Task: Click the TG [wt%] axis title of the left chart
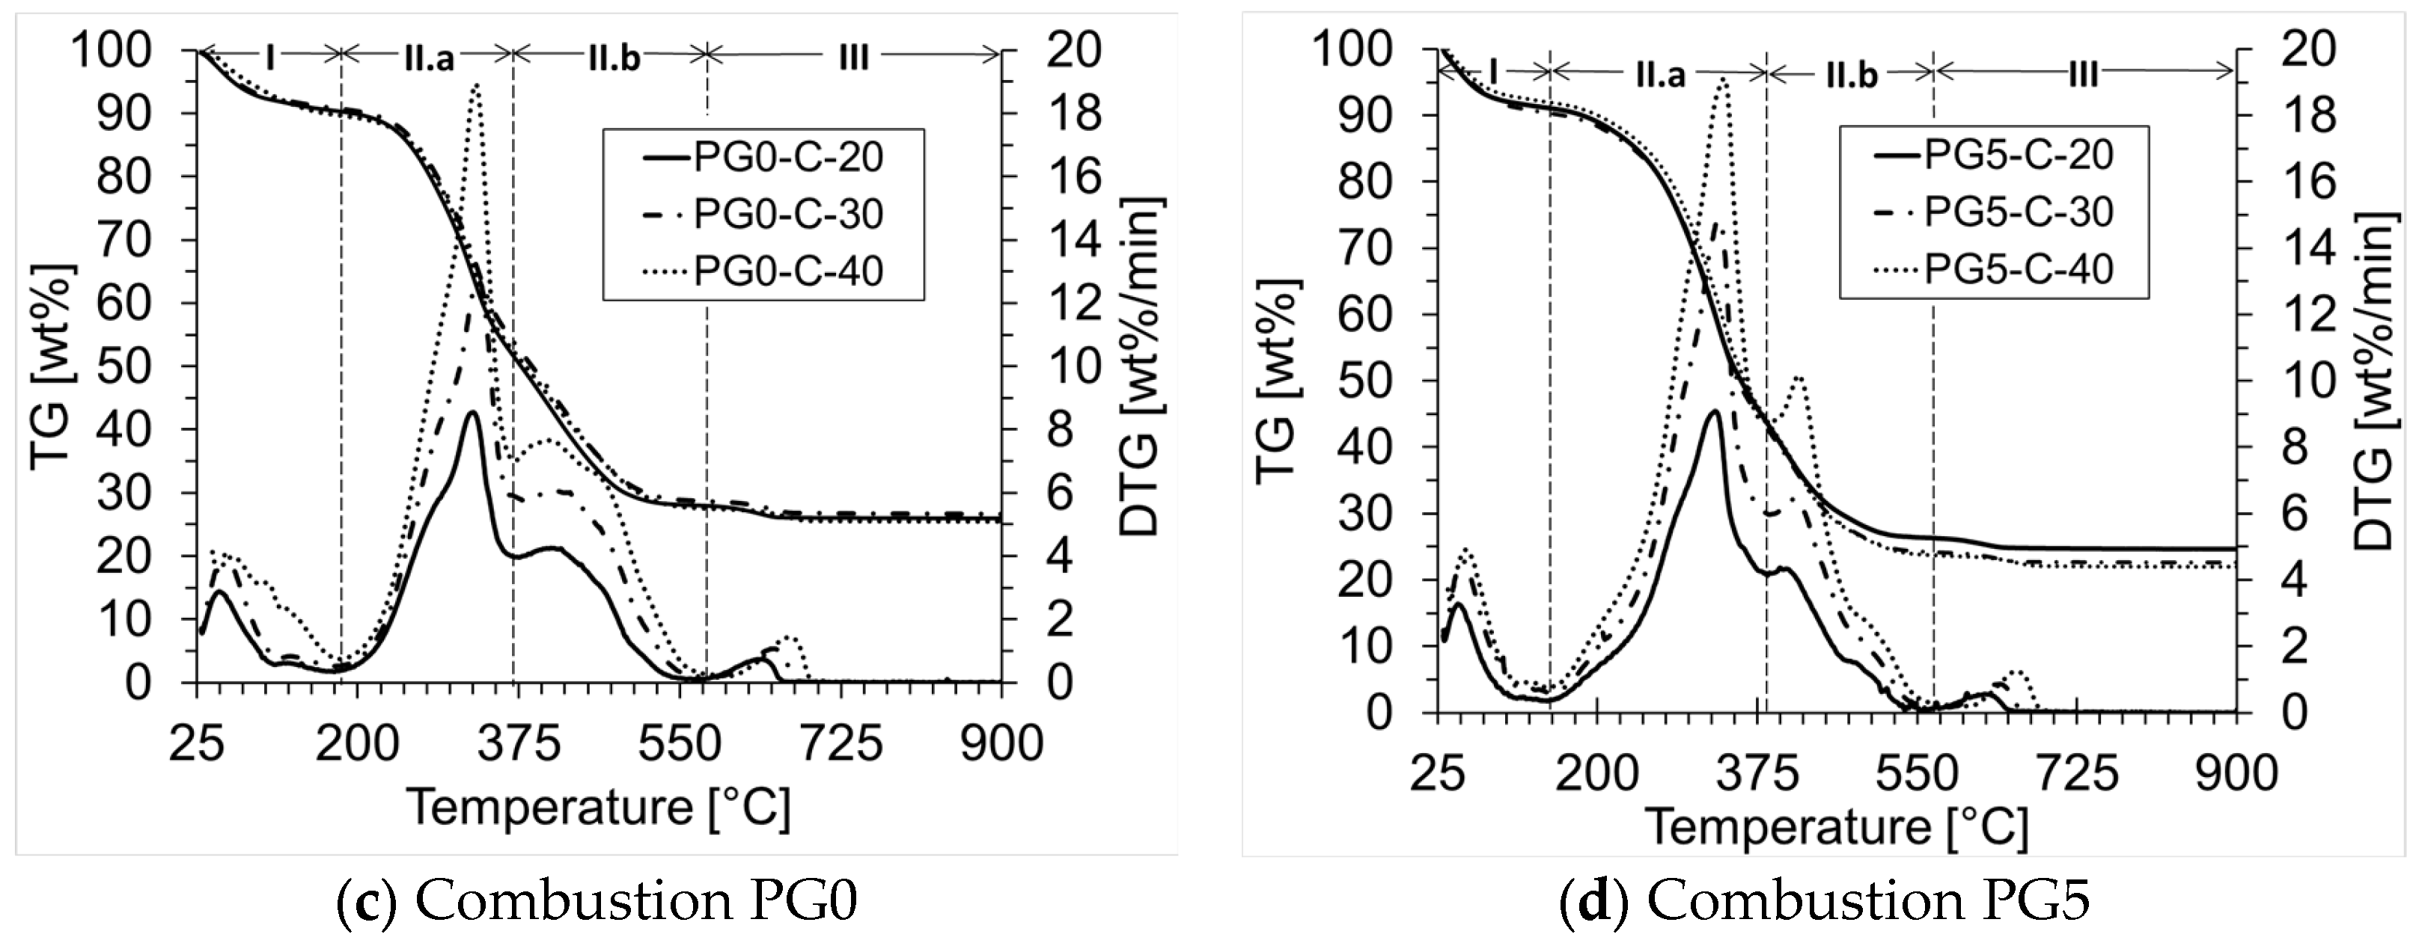pyautogui.click(x=52, y=366)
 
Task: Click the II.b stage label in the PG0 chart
pyautogui.click(x=614, y=58)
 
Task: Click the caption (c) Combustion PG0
pyautogui.click(x=597, y=902)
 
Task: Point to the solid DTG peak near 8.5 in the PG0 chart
pyautogui.click(x=472, y=413)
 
